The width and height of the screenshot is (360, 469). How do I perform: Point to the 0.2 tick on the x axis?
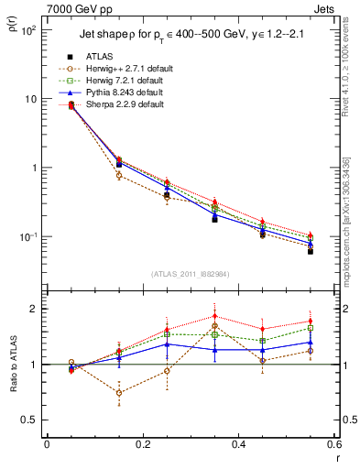point(142,444)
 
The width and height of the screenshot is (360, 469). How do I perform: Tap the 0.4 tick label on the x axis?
point(238,444)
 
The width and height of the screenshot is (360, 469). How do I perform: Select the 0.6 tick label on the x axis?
point(333,444)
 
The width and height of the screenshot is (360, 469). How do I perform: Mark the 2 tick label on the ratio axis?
point(37,309)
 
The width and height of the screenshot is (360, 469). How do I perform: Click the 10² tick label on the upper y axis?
point(29,30)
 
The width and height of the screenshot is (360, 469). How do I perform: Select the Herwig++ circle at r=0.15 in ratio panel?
point(119,392)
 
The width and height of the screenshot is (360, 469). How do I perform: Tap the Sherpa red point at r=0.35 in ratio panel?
point(214,316)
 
